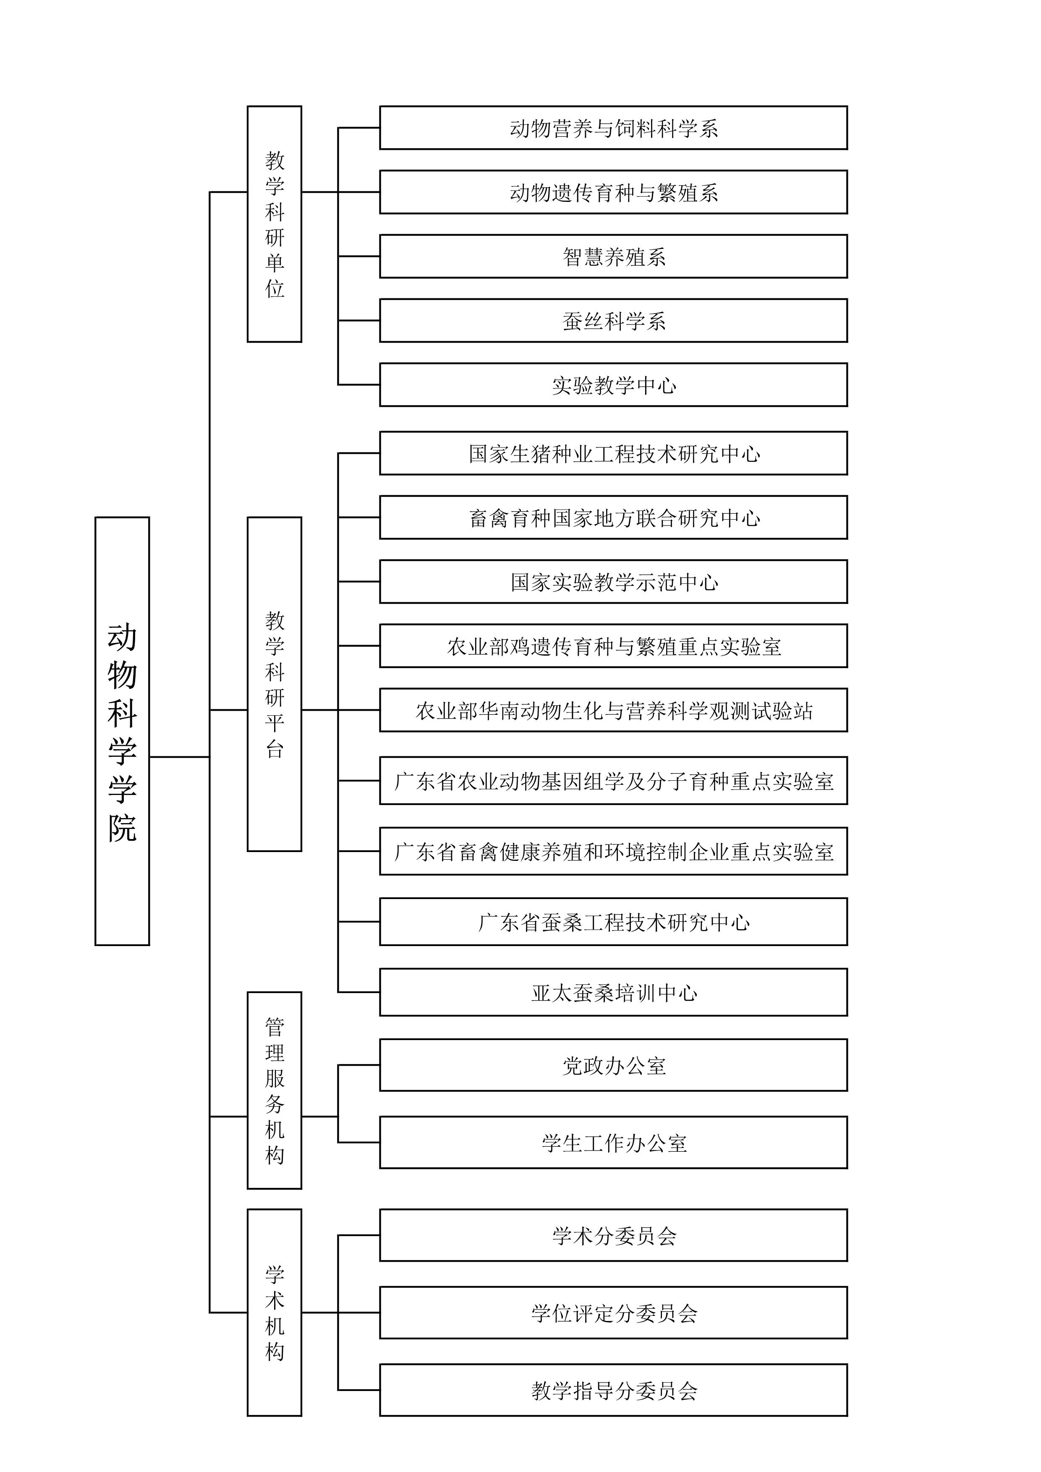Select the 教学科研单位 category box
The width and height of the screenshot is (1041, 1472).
(x=275, y=224)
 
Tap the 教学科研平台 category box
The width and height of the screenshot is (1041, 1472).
(x=275, y=684)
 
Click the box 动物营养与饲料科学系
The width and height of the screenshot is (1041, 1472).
(x=613, y=128)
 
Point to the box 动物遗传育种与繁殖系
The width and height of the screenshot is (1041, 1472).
(x=613, y=192)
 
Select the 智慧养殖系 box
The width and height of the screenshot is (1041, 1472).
(x=613, y=256)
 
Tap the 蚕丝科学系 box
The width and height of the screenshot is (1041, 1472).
(x=613, y=321)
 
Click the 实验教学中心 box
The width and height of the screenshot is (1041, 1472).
(x=613, y=384)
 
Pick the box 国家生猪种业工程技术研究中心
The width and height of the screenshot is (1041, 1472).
(x=613, y=453)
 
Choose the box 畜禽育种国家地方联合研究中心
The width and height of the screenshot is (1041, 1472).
(x=613, y=518)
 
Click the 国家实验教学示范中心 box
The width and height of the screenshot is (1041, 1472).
(x=613, y=581)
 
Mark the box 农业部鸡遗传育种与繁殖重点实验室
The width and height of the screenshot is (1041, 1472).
(x=613, y=646)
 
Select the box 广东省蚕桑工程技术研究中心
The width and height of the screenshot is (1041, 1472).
(x=613, y=922)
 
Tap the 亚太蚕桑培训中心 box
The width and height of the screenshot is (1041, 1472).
(x=613, y=992)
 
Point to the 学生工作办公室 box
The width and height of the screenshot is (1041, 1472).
(x=613, y=1143)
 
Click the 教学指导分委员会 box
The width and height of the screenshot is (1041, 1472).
(x=613, y=1390)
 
